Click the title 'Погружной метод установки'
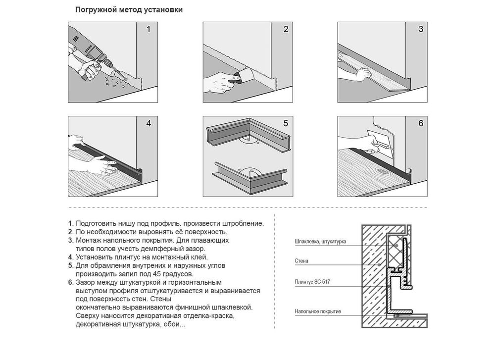(129, 10)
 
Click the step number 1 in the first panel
(148, 29)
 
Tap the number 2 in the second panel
(286, 29)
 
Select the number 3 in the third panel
(420, 29)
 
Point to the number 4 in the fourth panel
(148, 123)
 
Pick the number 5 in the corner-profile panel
(286, 123)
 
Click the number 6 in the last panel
(420, 123)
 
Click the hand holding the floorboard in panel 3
(363, 75)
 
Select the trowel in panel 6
(380, 143)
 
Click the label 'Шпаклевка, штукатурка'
(320, 242)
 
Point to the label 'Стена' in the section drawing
(301, 261)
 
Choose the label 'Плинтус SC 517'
(312, 282)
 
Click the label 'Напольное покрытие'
(318, 311)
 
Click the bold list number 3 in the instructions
(71, 240)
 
